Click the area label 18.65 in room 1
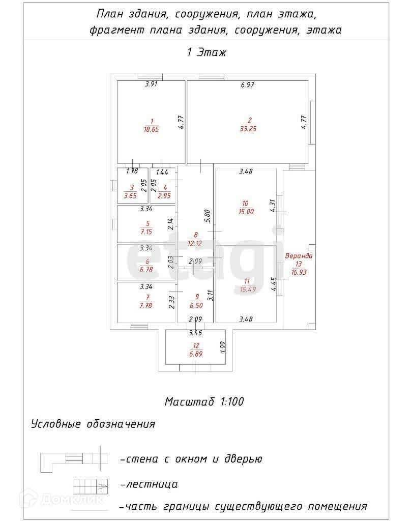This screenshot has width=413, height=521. (152, 129)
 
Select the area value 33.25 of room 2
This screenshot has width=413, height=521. (248, 129)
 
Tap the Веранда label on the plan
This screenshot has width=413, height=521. (299, 256)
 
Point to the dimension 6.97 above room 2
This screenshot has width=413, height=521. (247, 85)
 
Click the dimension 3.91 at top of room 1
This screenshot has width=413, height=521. (151, 85)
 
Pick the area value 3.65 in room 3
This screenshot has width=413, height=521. (131, 195)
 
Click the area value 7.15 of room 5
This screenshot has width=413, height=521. (147, 231)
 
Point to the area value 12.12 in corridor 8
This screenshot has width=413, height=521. (195, 242)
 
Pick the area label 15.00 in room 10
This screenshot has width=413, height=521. (246, 212)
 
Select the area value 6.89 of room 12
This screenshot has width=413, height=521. (195, 354)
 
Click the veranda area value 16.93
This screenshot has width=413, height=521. (299, 272)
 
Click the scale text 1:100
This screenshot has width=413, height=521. (232, 401)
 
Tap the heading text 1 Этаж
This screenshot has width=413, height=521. (206, 52)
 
